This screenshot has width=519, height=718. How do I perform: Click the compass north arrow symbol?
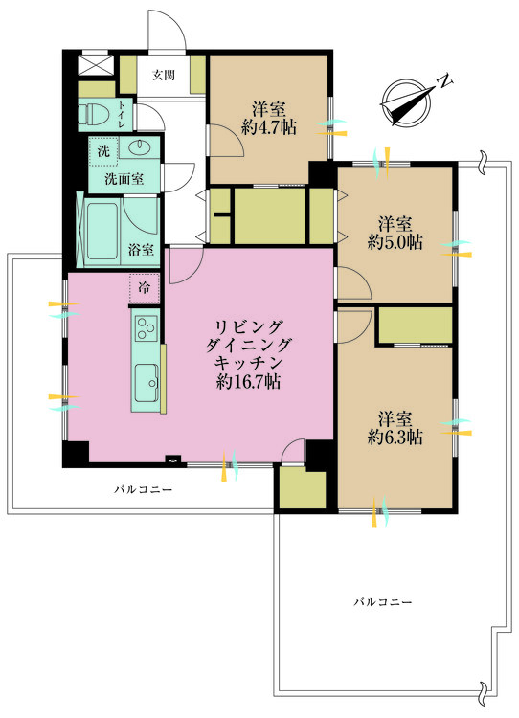pos(406,99)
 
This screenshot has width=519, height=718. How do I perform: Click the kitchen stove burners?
pos(146,330)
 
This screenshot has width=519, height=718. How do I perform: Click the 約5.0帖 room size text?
pos(395,243)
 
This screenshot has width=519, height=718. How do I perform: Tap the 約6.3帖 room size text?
pos(395,437)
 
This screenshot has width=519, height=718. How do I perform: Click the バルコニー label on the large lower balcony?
pos(382,602)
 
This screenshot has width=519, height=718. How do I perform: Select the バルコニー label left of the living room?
pos(143,489)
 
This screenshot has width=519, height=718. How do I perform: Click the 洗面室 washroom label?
pos(123,177)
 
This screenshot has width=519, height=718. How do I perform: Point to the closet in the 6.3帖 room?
pos(415,325)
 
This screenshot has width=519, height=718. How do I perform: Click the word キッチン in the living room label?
pos(247,363)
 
